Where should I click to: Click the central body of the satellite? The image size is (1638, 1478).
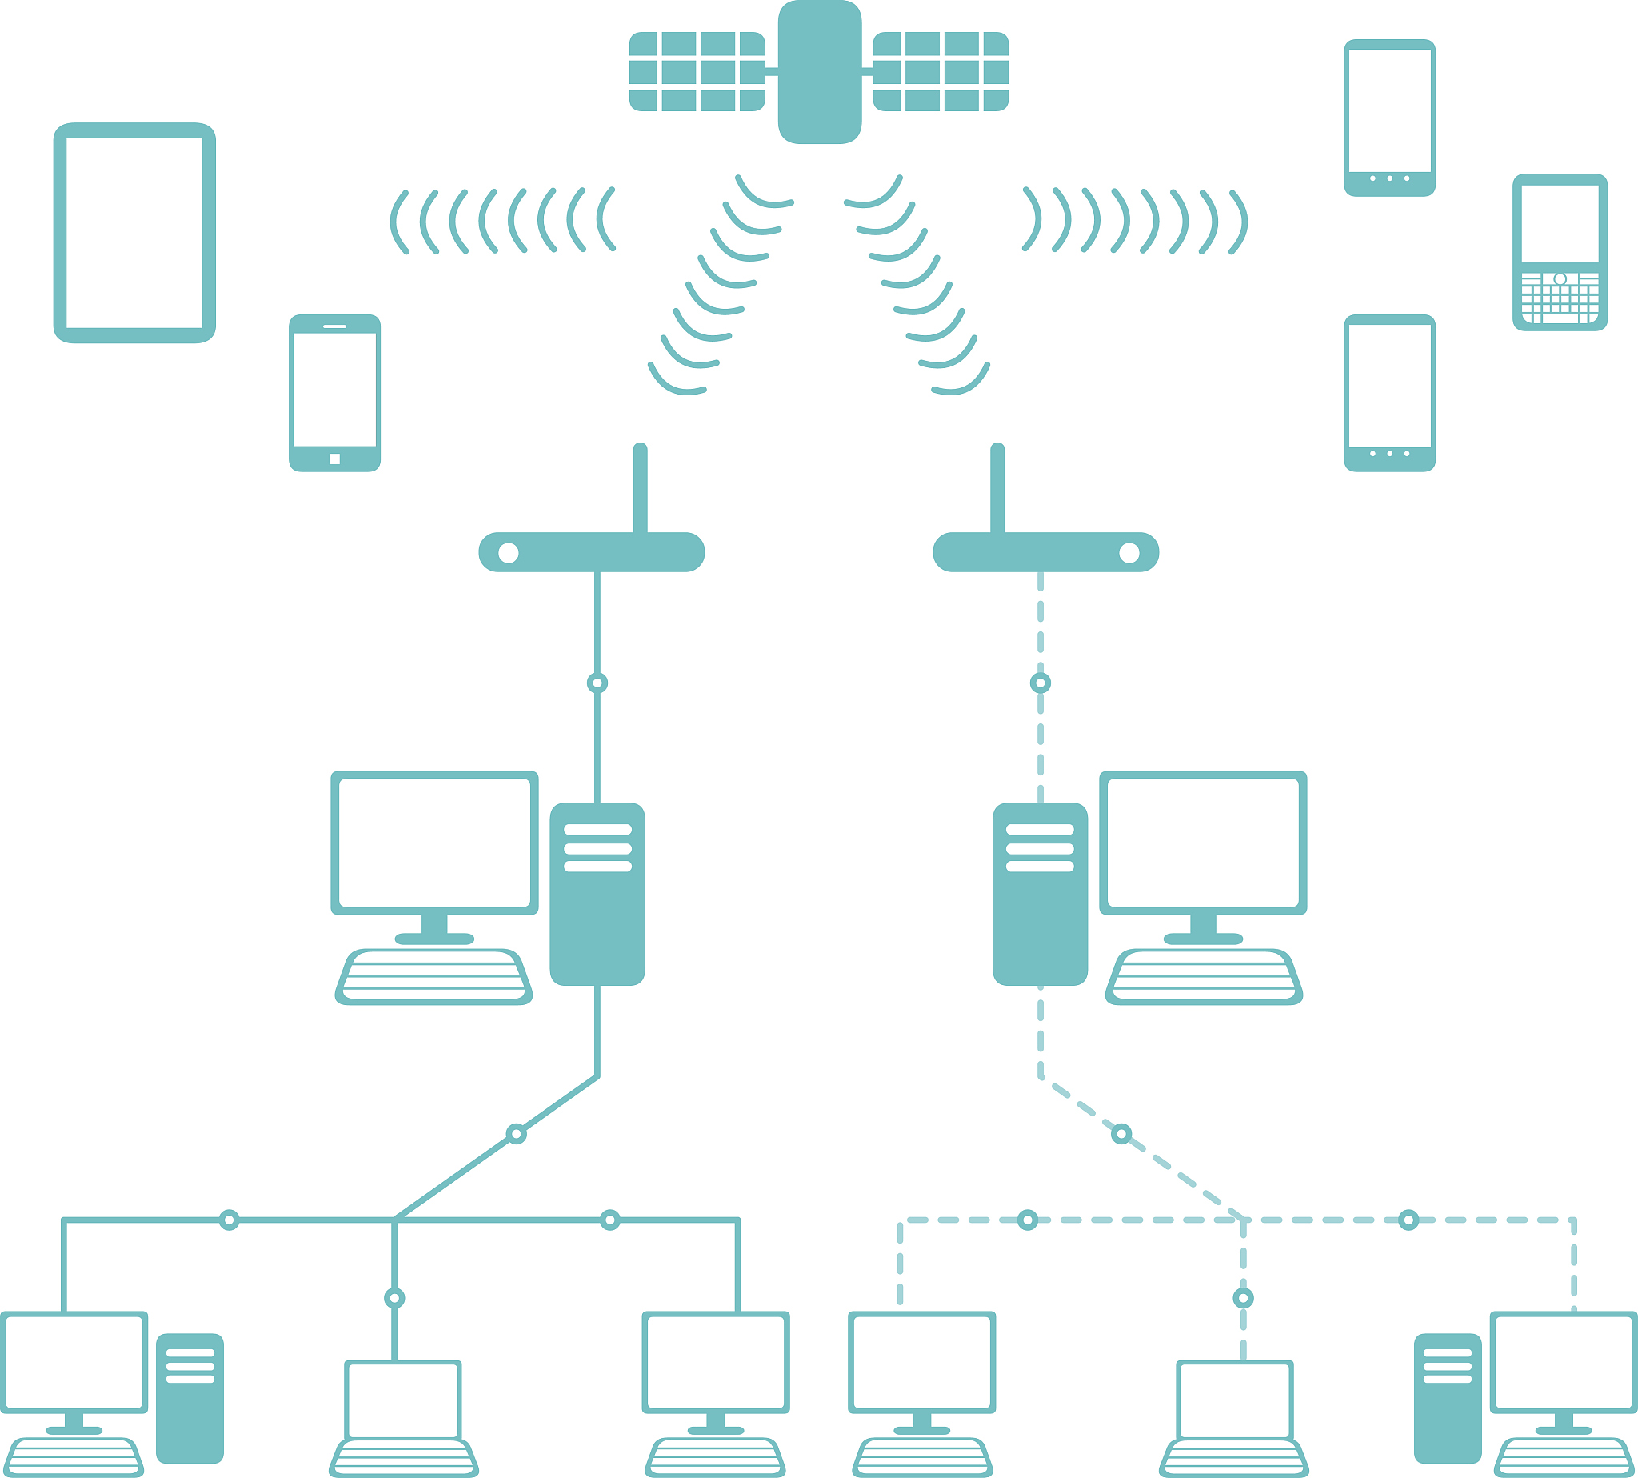819,73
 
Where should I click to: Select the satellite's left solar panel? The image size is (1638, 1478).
697,71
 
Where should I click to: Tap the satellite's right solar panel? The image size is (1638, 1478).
941,71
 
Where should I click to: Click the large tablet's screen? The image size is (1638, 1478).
134,233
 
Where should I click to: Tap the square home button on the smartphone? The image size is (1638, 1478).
334,459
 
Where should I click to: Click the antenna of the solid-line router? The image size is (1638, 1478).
641,487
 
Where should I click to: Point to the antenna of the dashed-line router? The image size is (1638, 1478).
997,487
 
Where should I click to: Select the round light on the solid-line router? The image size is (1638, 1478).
508,553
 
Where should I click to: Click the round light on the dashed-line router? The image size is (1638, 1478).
1129,553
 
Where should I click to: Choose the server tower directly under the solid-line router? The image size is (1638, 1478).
597,894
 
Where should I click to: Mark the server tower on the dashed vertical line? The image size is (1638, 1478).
1040,894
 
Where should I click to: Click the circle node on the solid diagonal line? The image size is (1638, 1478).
516,1134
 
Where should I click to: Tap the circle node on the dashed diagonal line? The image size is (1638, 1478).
1121,1134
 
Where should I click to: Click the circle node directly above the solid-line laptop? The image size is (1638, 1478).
394,1298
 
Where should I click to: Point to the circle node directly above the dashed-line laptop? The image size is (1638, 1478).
1243,1298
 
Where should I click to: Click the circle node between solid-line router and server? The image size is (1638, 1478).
597,683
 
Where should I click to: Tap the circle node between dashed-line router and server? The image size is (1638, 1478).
1040,683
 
